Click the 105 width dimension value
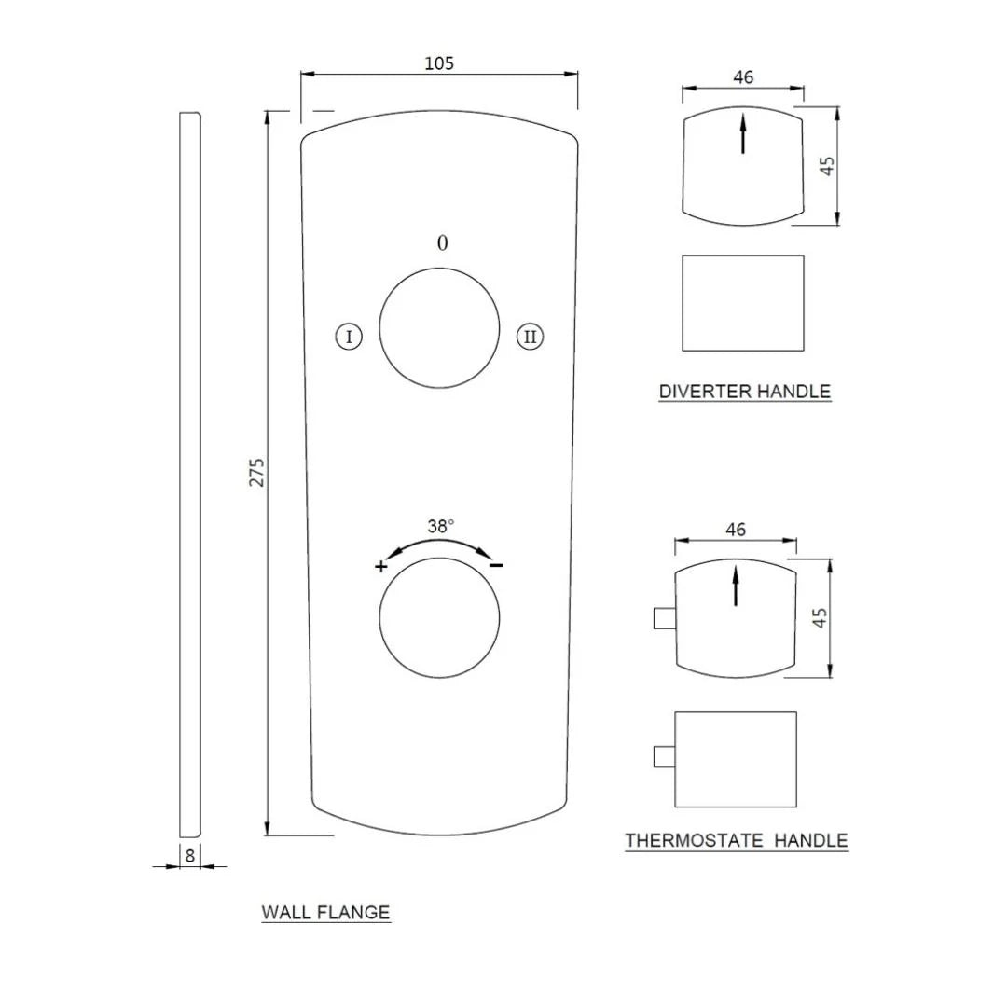tap(438, 63)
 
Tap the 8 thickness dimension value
tap(190, 855)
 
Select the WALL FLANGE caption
tap(325, 913)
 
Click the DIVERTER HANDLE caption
tap(744, 392)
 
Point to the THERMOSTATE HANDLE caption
tap(736, 841)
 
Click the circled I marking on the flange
tap(348, 337)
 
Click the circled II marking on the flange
tap(530, 337)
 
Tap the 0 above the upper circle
tap(442, 243)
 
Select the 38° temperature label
tap(441, 526)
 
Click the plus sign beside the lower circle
tap(380, 566)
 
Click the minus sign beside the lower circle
tap(497, 565)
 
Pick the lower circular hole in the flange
tap(439, 617)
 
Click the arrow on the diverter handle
tap(742, 132)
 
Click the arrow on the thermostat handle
tap(735, 586)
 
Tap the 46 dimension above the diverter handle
tap(742, 77)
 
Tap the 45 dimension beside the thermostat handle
tap(820, 617)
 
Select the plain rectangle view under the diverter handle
tap(742, 303)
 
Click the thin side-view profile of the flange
tap(189, 474)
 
